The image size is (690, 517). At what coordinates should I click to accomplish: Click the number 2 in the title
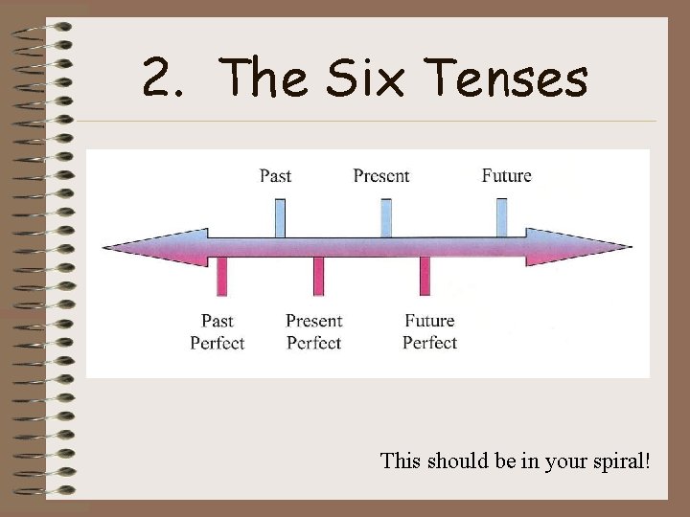click(158, 79)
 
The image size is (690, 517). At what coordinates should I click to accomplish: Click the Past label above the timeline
click(276, 175)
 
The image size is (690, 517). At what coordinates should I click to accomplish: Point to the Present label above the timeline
click(381, 175)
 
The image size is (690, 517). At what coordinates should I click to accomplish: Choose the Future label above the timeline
click(506, 175)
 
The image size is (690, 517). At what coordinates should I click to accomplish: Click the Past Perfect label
click(218, 331)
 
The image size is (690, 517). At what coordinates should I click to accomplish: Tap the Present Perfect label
click(313, 331)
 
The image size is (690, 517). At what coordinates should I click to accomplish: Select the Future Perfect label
click(429, 331)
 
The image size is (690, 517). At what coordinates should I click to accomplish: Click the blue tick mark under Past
click(280, 217)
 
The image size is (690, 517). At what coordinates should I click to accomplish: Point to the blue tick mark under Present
click(386, 217)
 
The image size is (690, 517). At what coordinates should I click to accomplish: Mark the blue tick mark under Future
click(502, 217)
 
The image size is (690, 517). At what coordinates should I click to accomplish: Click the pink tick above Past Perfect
click(222, 276)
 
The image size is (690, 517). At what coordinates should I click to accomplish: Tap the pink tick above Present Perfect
click(319, 276)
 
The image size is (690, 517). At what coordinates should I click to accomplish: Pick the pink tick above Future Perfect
click(425, 276)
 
